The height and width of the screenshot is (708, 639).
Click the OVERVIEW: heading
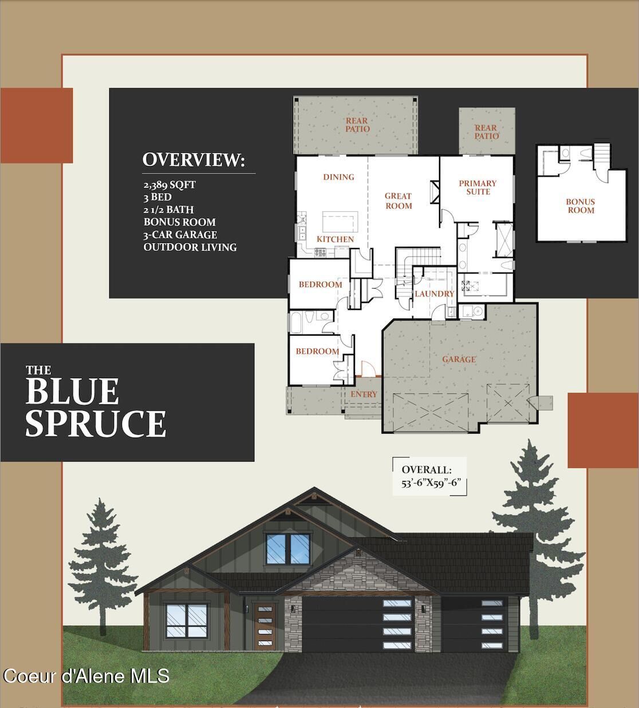(194, 160)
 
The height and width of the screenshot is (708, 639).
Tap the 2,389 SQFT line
(169, 185)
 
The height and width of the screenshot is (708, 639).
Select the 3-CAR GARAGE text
(180, 235)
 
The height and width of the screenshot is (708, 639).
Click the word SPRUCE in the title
(96, 423)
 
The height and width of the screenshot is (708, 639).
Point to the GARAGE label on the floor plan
(459, 360)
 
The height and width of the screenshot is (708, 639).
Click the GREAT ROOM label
(398, 201)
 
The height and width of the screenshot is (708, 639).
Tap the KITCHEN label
(336, 239)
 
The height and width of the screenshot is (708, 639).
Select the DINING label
(338, 177)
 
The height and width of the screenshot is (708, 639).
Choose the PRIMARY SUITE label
(478, 187)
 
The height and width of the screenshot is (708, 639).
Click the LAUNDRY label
(434, 294)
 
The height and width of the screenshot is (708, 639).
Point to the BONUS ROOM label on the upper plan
(580, 206)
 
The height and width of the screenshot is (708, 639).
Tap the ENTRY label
(364, 394)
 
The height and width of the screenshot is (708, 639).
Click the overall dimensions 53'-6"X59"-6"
(431, 483)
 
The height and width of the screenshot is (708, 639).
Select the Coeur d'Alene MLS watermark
(86, 676)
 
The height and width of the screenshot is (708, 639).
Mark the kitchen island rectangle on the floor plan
(340, 221)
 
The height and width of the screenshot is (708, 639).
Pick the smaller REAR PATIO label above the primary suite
(486, 132)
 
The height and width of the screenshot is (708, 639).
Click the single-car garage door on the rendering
(473, 626)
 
